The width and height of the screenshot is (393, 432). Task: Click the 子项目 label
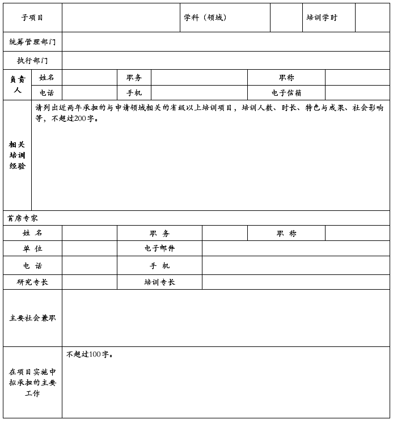[32, 18]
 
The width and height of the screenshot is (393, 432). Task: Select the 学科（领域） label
[205, 18]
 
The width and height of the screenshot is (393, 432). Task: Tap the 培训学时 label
[322, 18]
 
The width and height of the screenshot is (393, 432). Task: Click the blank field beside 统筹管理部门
[226, 42]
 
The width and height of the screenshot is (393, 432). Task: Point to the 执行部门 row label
[32, 61]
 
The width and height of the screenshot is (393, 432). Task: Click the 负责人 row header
[17, 84]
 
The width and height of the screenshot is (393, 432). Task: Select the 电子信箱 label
[286, 93]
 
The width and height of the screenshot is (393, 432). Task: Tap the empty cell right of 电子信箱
[357, 93]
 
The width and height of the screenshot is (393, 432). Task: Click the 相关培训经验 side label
[17, 155]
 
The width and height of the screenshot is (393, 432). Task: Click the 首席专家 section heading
[23, 218]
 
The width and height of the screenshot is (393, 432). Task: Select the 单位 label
[32, 248]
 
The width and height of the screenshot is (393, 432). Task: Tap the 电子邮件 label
[159, 248]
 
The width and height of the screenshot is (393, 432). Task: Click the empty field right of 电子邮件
[295, 248]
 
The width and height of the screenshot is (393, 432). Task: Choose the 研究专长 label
[32, 282]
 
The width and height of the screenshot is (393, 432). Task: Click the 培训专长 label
[159, 282]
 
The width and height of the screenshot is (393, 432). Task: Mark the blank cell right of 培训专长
[295, 282]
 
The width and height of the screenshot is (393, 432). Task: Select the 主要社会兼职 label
[32, 318]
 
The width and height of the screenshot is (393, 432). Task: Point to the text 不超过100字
[90, 354]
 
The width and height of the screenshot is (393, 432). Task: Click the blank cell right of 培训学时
[372, 18]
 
